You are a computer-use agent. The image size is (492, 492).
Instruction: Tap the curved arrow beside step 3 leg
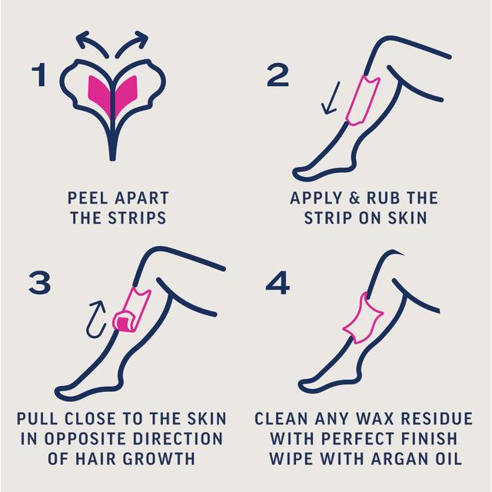[x=98, y=316]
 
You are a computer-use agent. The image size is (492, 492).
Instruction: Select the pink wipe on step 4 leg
[x=361, y=315]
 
